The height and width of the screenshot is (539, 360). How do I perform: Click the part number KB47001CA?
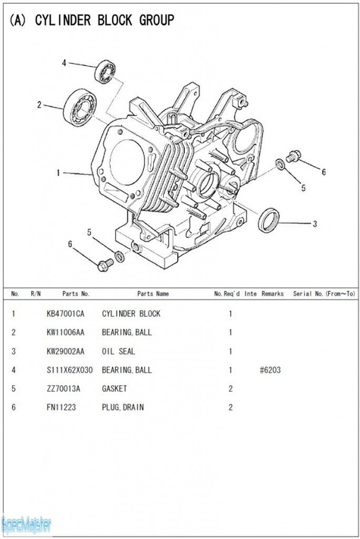65,314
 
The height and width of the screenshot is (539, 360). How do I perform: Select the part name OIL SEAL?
118,351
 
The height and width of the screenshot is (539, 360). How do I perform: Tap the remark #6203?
271,370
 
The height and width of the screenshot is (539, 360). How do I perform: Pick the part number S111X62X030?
70,370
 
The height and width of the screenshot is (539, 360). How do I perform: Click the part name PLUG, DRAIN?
123,407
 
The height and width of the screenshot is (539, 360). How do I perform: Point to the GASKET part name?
114,389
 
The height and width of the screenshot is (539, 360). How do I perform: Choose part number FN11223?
61,407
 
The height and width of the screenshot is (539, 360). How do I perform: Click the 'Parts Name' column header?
153,293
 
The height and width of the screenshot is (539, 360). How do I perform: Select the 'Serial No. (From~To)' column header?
324,293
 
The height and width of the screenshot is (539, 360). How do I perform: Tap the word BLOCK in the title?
114,20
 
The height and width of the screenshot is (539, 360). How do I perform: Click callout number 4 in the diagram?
64,63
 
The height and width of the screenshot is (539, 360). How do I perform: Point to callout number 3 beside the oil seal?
315,224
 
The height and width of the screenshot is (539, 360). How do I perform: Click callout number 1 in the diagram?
58,173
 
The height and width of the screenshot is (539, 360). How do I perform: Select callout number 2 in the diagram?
39,105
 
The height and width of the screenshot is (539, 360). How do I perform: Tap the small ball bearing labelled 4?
105,71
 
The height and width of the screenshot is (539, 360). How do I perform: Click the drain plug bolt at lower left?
105,265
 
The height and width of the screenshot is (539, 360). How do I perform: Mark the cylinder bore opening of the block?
127,162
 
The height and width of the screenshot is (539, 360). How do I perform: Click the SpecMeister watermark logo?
27,525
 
